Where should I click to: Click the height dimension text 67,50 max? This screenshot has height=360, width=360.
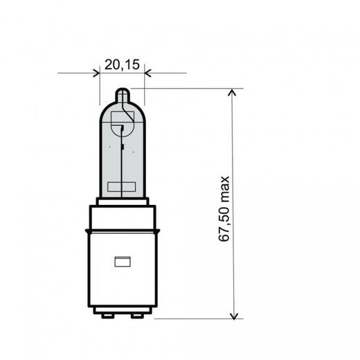224,208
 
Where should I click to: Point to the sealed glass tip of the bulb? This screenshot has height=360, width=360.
122,94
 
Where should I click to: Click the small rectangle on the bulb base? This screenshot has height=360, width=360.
122,262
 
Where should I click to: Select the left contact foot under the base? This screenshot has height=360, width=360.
107,315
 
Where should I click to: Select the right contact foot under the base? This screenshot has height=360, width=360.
137,315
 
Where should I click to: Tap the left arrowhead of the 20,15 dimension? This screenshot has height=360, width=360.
96,73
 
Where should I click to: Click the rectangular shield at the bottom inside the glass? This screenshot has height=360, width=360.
122,186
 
